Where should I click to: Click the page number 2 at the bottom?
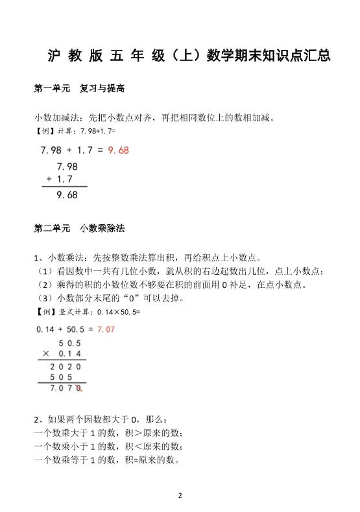(x=180, y=495)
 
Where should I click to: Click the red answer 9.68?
(x=119, y=150)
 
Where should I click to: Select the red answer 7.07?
(x=106, y=330)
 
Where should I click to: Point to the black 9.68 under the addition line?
(x=67, y=194)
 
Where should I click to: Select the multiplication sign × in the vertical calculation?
(x=46, y=354)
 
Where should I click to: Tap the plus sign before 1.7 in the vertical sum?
(x=49, y=179)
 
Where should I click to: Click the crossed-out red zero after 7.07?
(x=78, y=388)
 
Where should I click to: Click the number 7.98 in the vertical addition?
(x=67, y=166)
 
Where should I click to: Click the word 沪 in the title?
(x=54, y=57)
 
